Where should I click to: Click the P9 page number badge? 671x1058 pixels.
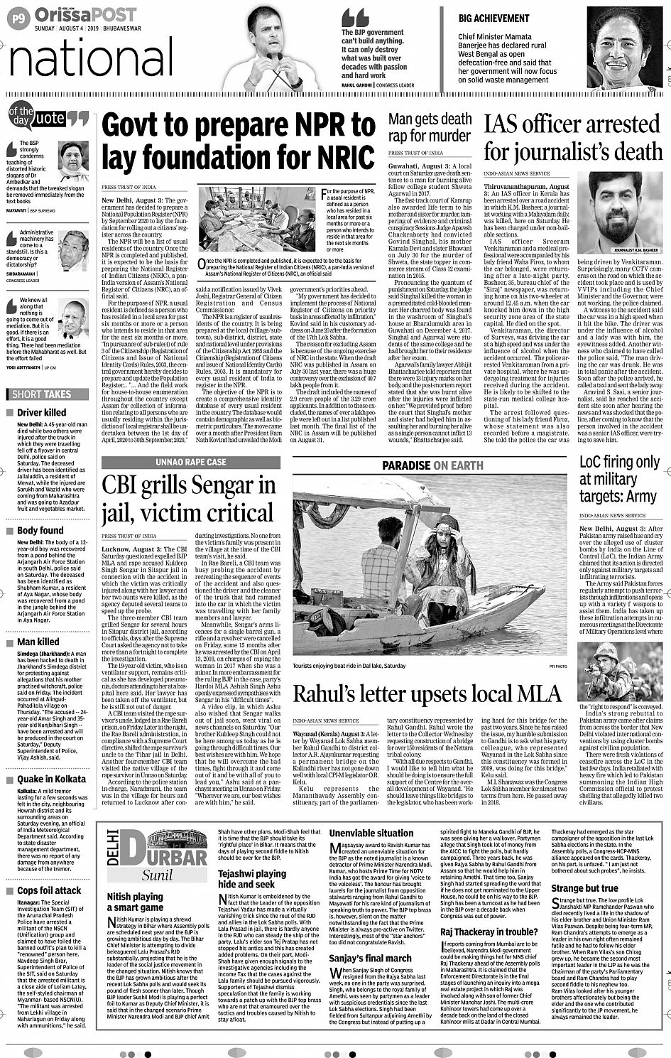pos(18,19)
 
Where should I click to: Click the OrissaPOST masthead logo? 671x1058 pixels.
pos(85,15)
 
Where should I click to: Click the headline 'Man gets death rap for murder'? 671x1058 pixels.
pos(430,127)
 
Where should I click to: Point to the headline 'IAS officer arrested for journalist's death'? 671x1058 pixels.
pos(573,138)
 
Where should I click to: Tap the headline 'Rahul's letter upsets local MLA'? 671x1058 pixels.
pos(427,693)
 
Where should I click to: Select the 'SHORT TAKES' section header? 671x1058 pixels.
pos(42,394)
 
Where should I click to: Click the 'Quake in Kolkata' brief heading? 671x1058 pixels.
pos(51,779)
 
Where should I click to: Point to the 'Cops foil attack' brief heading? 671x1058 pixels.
pos(49,890)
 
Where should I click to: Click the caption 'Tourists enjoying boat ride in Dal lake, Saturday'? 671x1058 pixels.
pos(349,666)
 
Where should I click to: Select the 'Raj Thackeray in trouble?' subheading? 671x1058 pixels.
pos(489,932)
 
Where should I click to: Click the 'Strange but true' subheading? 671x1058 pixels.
pos(584,888)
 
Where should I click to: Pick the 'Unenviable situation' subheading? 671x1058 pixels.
pos(371,833)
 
